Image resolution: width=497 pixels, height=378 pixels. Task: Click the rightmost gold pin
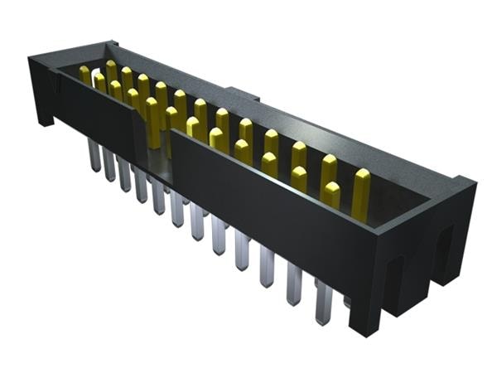pyautogui.click(x=361, y=192)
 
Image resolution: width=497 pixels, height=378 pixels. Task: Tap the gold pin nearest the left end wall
pyautogui.click(x=84, y=75)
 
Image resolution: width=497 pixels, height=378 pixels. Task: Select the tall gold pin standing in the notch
pyautogui.click(x=152, y=121)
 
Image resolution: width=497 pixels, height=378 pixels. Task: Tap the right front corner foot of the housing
pyautogui.click(x=364, y=319)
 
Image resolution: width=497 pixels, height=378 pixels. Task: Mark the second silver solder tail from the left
pyautogui.click(x=109, y=166)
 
